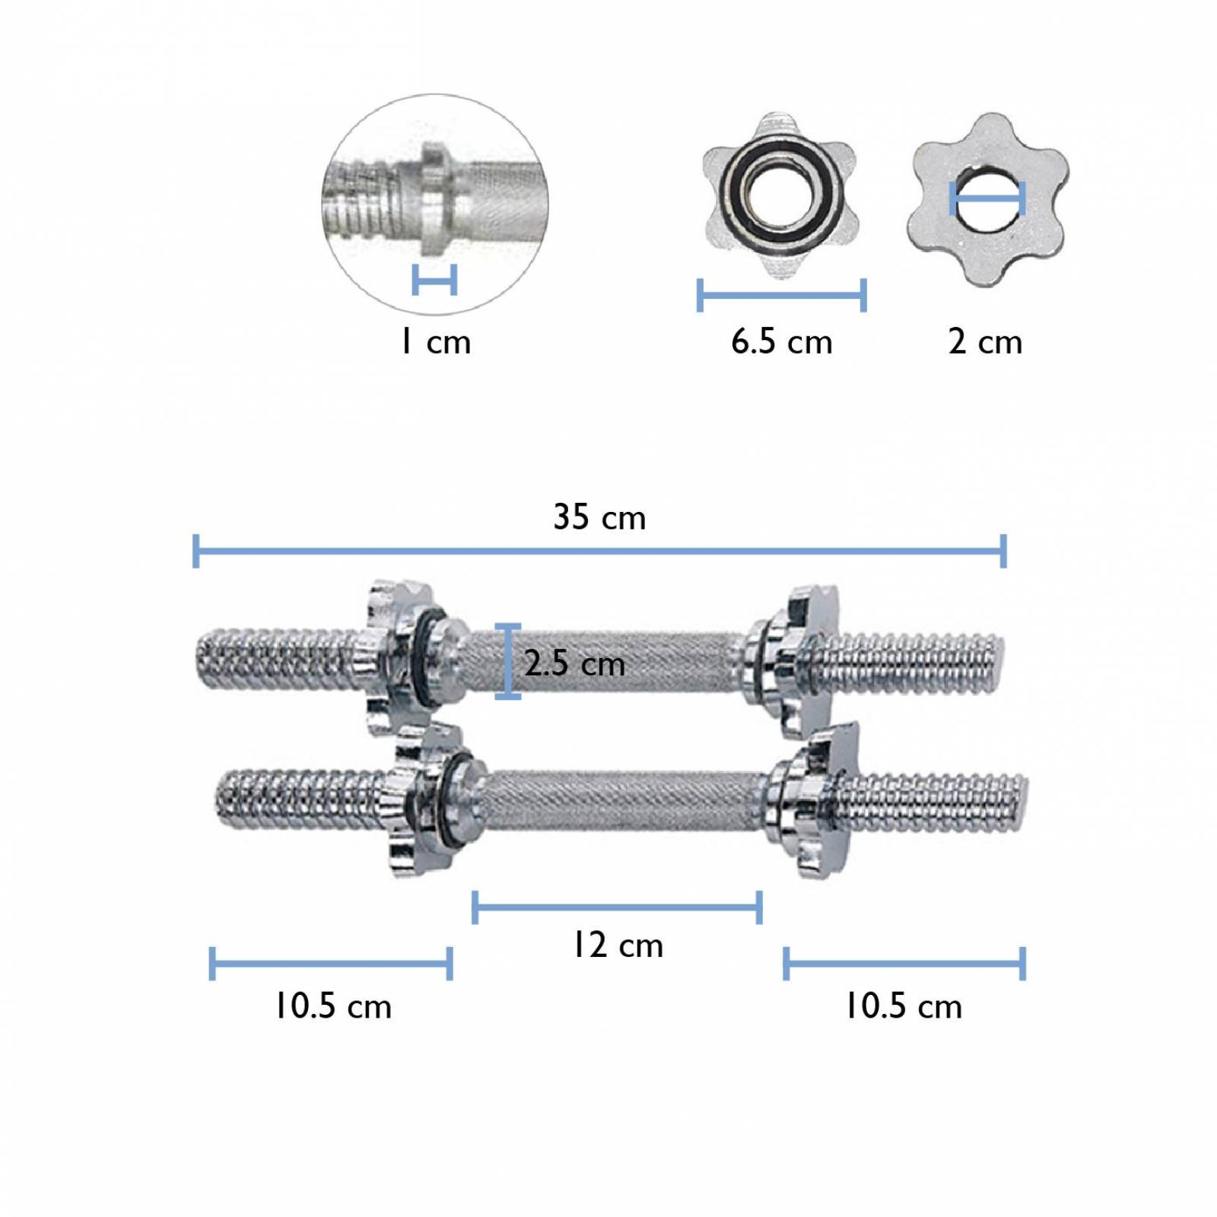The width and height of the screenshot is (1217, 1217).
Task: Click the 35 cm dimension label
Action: coord(599,517)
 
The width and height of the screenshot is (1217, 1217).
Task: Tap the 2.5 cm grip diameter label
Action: coord(575,663)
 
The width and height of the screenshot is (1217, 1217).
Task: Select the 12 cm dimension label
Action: coord(618,945)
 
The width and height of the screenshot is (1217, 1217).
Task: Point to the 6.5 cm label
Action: coord(782,342)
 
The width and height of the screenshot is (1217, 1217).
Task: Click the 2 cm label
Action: coord(985,342)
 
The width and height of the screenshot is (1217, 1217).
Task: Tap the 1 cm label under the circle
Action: coord(436,342)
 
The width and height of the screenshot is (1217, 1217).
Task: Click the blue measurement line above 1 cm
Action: coord(434,280)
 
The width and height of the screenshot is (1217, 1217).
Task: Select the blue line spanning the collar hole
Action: coord(987,199)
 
